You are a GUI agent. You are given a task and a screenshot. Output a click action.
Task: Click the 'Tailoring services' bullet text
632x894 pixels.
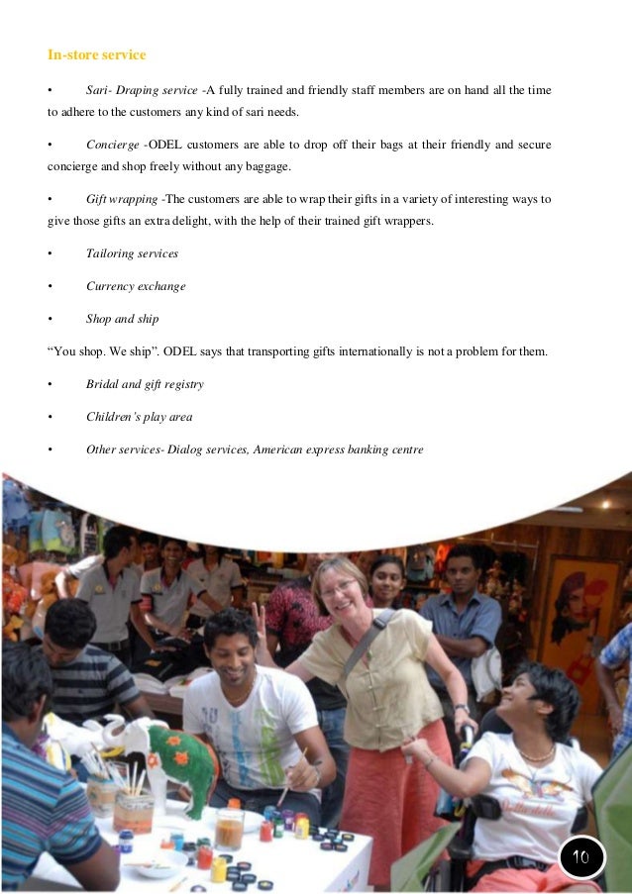click(132, 254)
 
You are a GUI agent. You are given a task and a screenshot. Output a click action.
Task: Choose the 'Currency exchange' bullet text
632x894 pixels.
click(136, 287)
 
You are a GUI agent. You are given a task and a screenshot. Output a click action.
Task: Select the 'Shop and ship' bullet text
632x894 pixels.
click(123, 319)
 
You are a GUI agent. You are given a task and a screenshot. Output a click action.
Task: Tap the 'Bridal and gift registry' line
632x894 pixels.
click(145, 384)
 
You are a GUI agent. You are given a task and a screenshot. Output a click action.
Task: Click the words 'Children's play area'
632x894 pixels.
click(139, 417)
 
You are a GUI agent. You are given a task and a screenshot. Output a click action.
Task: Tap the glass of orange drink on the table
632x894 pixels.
click(229, 828)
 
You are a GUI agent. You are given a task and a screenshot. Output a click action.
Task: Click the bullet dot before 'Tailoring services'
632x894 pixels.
click(49, 254)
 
